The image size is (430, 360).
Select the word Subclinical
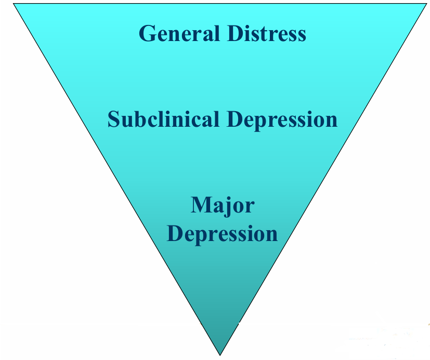(x=163, y=119)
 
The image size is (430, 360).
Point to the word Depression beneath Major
(x=223, y=234)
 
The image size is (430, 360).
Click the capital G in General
(x=148, y=34)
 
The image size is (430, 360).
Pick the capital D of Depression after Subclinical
(x=234, y=119)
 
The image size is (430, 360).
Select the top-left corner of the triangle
(x=14, y=4)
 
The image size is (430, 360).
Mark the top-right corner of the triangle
(x=427, y=4)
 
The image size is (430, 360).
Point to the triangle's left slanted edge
(x=117, y=179)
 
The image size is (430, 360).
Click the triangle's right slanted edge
(x=323, y=179)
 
